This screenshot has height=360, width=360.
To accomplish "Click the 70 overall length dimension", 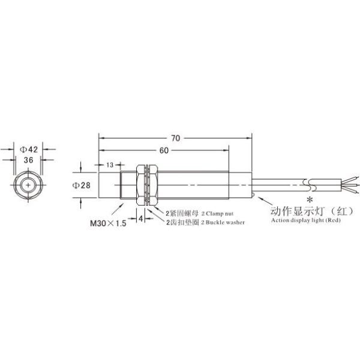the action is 176,138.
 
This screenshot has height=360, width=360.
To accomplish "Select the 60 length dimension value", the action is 164,151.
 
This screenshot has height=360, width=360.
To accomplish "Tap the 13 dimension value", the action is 110,165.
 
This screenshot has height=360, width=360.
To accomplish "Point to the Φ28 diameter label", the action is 82,185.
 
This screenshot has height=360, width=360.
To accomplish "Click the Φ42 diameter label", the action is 29,149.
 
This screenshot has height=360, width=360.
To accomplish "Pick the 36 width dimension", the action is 28,160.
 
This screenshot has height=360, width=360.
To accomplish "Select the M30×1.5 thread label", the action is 108,223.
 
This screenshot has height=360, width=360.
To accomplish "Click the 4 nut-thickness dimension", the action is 141,218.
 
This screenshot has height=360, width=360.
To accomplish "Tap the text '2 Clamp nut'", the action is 217,214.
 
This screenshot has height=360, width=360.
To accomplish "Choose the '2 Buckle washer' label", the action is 223,222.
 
